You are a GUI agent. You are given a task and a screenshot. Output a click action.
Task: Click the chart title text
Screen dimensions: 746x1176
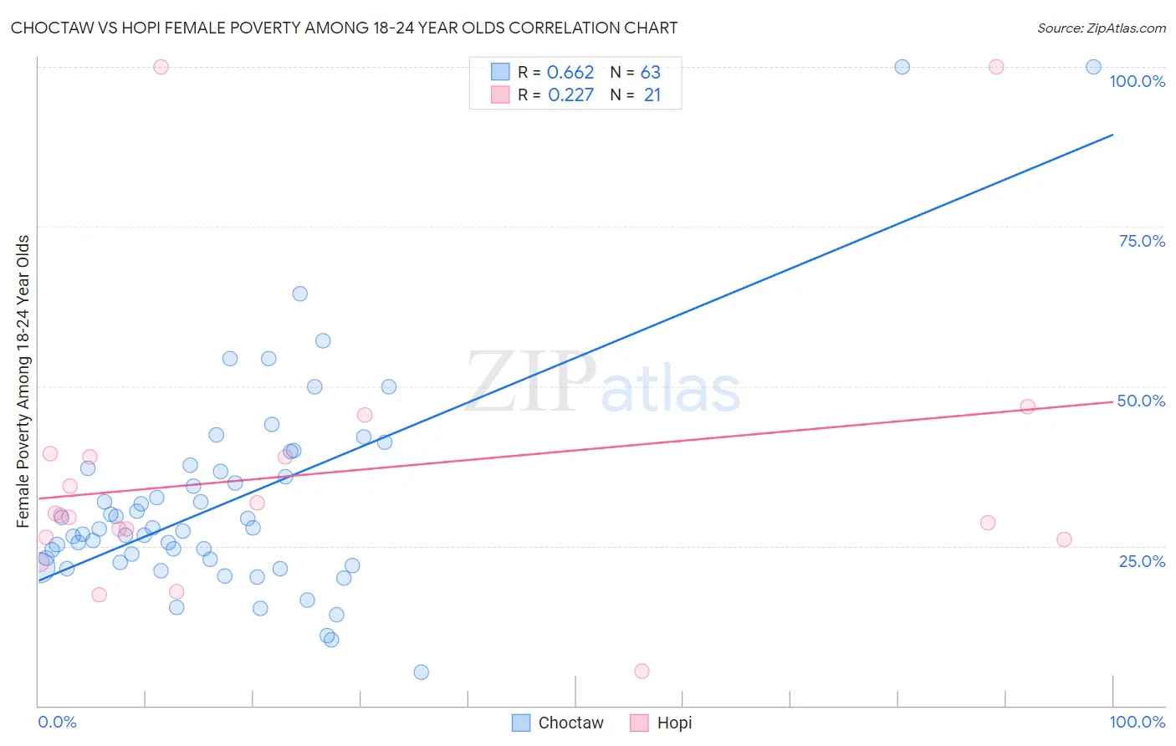[344, 28]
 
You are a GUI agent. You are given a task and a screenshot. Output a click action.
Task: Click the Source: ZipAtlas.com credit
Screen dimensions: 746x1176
[1101, 28]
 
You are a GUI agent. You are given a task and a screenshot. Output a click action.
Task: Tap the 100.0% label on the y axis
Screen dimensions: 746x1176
[1137, 81]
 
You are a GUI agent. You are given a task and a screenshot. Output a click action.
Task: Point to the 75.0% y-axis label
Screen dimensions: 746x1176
[1142, 241]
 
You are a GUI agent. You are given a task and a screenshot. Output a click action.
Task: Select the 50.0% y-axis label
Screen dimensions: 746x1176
[1141, 401]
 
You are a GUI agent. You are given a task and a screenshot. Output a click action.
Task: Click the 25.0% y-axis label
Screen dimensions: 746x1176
[1142, 560]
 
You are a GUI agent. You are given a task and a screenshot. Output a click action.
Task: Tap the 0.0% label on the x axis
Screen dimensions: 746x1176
[57, 722]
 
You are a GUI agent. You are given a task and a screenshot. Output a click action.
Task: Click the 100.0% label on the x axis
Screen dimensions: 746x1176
[1137, 722]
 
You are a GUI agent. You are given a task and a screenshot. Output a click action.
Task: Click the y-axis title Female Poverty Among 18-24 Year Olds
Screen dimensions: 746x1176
[23, 381]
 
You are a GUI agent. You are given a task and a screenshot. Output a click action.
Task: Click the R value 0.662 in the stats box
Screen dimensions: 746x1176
[570, 73]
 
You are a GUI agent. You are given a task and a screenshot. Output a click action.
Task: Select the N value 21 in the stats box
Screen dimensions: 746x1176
[652, 95]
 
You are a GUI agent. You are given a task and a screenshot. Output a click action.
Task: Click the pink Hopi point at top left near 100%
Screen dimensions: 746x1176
[161, 67]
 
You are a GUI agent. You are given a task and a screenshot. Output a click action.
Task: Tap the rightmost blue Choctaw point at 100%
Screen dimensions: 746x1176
[1093, 67]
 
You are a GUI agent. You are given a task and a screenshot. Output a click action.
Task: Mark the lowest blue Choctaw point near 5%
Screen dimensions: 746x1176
[422, 672]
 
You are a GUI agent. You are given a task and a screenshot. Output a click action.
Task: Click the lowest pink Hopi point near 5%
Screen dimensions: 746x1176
[642, 671]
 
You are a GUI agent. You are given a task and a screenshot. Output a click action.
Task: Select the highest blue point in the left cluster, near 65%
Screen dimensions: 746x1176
[299, 294]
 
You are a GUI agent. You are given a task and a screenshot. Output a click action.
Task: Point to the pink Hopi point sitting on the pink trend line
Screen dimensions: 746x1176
[1027, 406]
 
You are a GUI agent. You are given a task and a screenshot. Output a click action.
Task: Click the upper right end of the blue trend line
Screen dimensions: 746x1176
[1112, 135]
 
